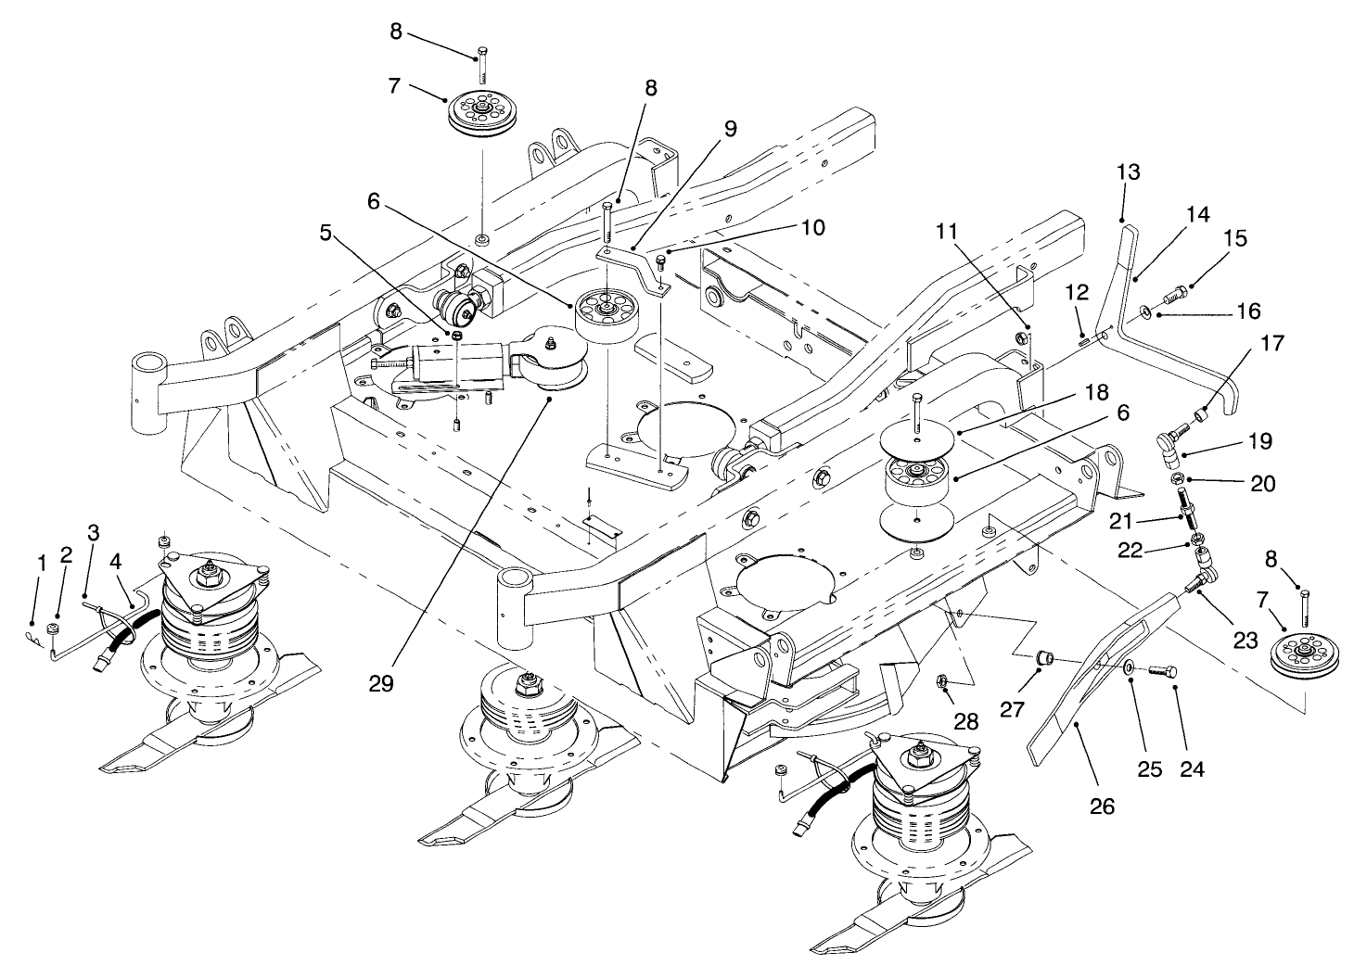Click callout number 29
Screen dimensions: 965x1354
click(x=380, y=684)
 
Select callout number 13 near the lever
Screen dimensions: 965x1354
click(x=1129, y=172)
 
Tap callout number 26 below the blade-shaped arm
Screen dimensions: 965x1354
click(x=1101, y=806)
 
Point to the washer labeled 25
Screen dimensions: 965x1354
click(x=1128, y=667)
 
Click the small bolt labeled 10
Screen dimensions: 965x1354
click(x=662, y=261)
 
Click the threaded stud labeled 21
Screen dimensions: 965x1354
click(x=1184, y=505)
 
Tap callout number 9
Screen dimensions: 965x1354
click(x=732, y=130)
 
